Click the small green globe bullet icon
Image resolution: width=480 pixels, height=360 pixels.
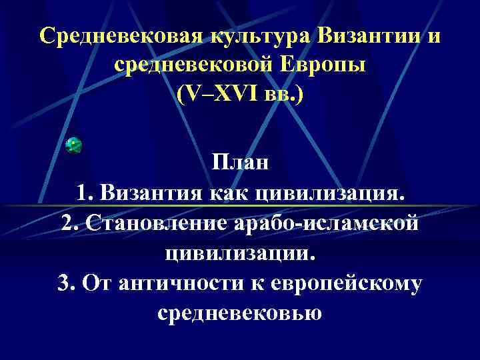click(x=73, y=145)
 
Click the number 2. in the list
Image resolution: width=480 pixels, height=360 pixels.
click(x=71, y=223)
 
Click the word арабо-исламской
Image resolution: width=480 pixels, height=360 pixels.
click(x=328, y=223)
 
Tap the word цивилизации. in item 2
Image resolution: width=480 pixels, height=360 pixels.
click(x=240, y=253)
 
